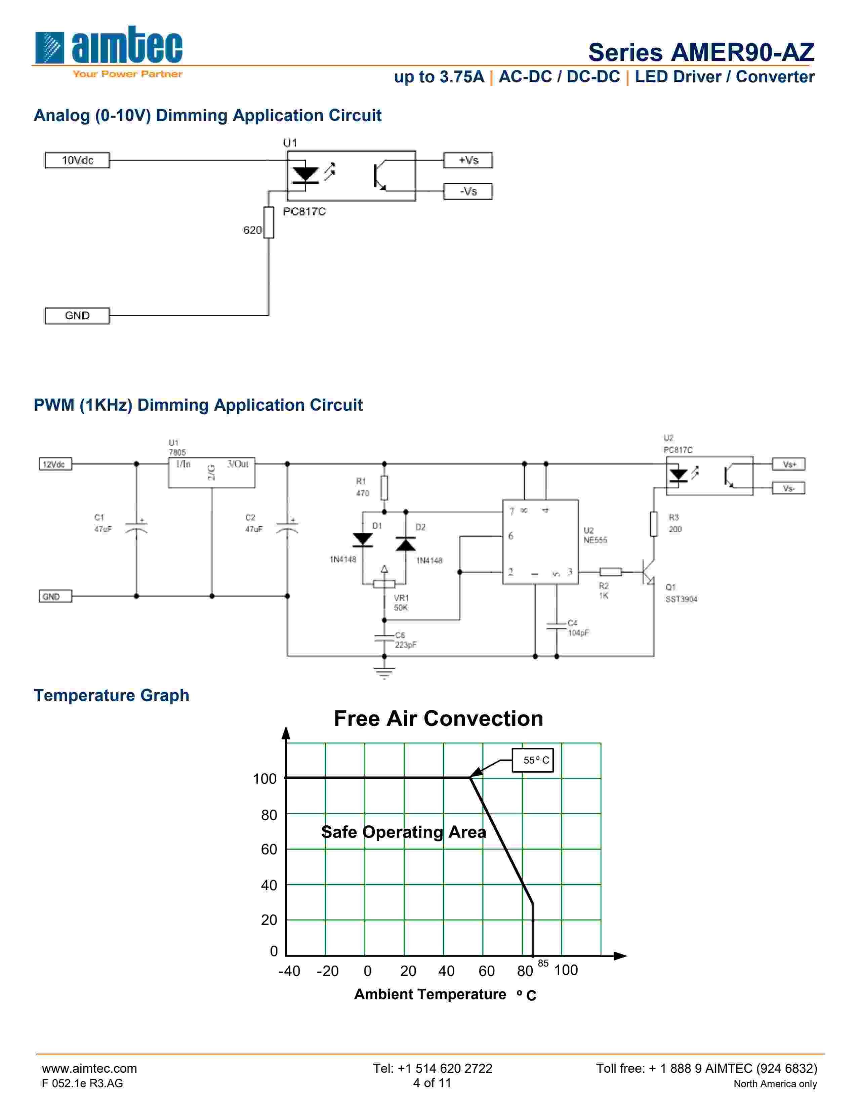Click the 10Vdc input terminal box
pyautogui.click(x=77, y=160)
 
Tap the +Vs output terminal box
pyautogui.click(x=467, y=160)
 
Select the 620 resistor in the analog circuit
pyautogui.click(x=269, y=222)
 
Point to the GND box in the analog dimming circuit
pyautogui.click(x=77, y=316)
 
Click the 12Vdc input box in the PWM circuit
pyautogui.click(x=55, y=464)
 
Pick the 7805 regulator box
pyautogui.click(x=212, y=473)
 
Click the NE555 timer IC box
pyautogui.click(x=540, y=542)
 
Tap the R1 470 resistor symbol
pyautogui.click(x=384, y=488)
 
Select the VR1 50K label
pyautogui.click(x=401, y=603)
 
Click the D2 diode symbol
pyautogui.click(x=406, y=544)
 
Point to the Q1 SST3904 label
pyautogui.click(x=681, y=593)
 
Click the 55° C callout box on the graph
pyautogui.click(x=533, y=760)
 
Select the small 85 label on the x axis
pyautogui.click(x=543, y=963)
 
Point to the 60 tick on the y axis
pyautogui.click(x=269, y=850)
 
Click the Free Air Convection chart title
pyautogui.click(x=439, y=718)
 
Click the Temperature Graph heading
pyautogui.click(x=112, y=695)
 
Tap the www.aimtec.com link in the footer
pyautogui.click(x=89, y=1068)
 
